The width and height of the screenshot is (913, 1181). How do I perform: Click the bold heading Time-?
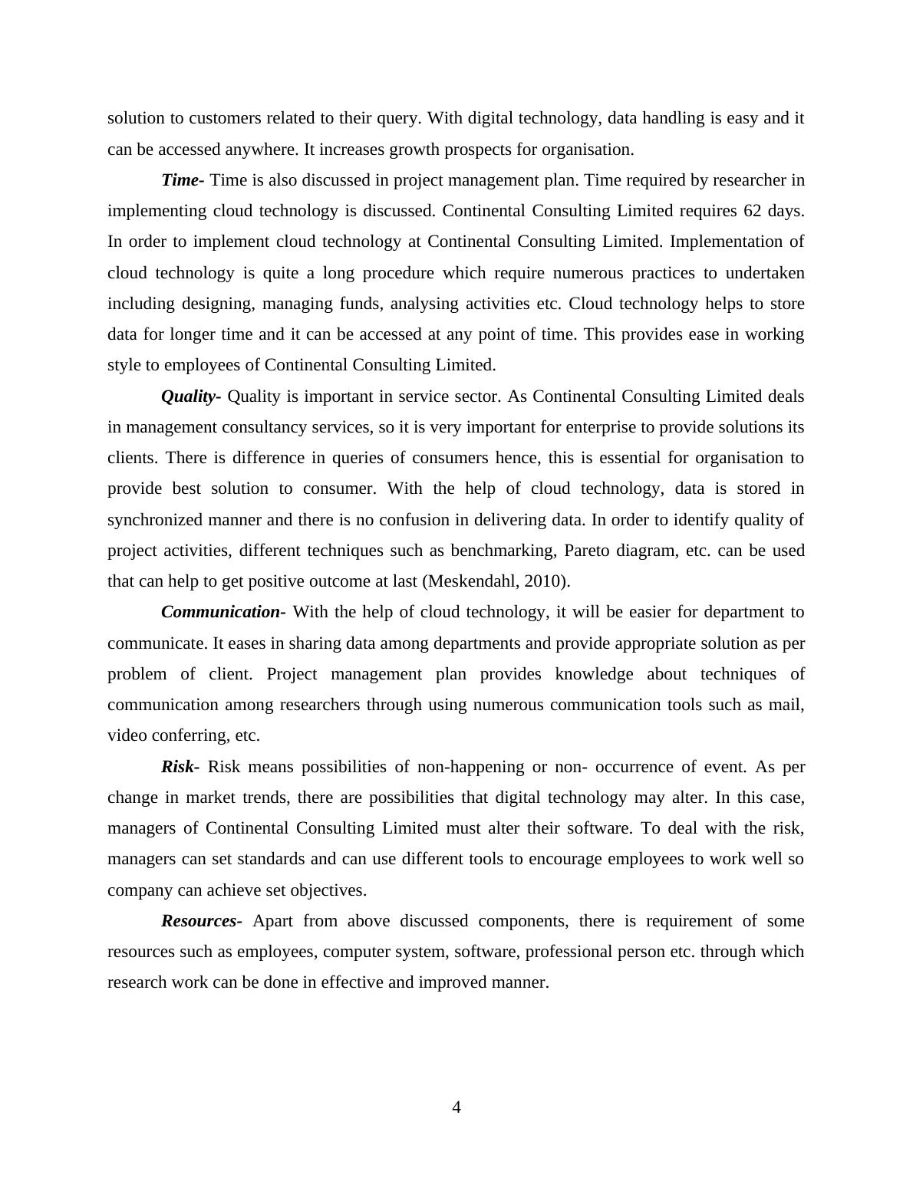[182, 180]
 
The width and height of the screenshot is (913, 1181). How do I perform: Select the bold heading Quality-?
[190, 396]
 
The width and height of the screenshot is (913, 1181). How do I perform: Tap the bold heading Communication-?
[222, 612]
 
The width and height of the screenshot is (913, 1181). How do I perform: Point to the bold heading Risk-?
[180, 767]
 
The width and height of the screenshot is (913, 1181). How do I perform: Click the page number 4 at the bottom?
[457, 1107]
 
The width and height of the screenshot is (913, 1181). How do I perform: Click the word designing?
[217, 304]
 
